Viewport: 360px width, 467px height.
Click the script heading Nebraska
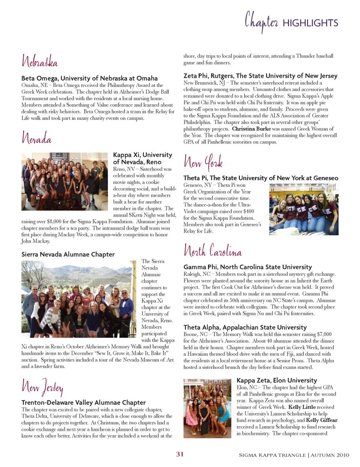[x=39, y=61]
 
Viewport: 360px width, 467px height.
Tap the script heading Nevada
[x=36, y=138]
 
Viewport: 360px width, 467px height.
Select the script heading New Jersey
[x=42, y=386]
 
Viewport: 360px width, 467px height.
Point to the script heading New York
[x=203, y=162]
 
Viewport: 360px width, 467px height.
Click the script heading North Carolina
[x=213, y=250]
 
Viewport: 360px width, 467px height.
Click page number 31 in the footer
[x=180, y=454]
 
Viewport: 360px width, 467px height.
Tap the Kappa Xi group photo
[x=64, y=181]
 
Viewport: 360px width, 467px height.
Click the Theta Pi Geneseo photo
[x=304, y=209]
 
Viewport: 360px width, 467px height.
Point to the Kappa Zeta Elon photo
[x=207, y=408]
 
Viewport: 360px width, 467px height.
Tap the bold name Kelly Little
[x=302, y=407]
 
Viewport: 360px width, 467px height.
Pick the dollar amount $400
[x=248, y=211]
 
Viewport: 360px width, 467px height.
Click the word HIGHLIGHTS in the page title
[x=310, y=23]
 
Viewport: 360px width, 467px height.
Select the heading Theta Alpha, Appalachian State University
[x=245, y=327]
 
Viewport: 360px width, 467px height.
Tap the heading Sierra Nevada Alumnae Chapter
[x=68, y=254]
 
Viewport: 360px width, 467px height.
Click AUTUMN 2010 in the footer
[x=330, y=455]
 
